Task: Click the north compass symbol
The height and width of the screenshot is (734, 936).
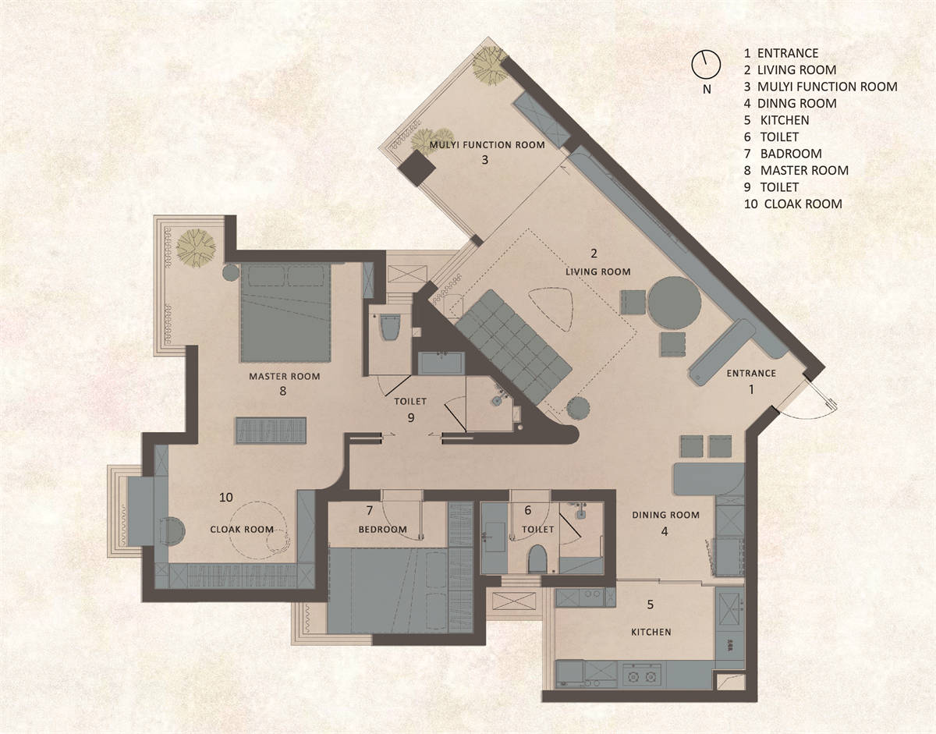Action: coord(706,64)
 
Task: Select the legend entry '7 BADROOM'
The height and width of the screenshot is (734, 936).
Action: coord(782,154)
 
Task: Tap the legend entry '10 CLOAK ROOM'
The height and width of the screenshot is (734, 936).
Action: coord(792,204)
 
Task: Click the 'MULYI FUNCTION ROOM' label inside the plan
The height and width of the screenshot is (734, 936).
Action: coord(487,145)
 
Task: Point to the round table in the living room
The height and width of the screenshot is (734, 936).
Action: coord(675,303)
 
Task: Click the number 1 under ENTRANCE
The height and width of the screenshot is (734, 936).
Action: coord(751,389)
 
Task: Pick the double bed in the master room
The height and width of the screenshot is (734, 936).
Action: coord(285,312)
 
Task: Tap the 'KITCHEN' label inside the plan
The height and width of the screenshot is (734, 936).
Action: coord(651,632)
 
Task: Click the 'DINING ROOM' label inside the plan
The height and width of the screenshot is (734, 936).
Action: coord(665,514)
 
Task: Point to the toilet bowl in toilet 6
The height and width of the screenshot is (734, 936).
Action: coord(537,558)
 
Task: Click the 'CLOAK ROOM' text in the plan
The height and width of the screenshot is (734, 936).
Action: coord(242,529)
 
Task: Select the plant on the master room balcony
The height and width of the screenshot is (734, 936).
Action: coord(196,248)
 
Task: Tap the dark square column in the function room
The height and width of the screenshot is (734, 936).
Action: coord(417,168)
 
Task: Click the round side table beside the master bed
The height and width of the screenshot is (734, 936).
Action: coord(231,273)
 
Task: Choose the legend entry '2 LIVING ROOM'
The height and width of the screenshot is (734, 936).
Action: coord(790,69)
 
